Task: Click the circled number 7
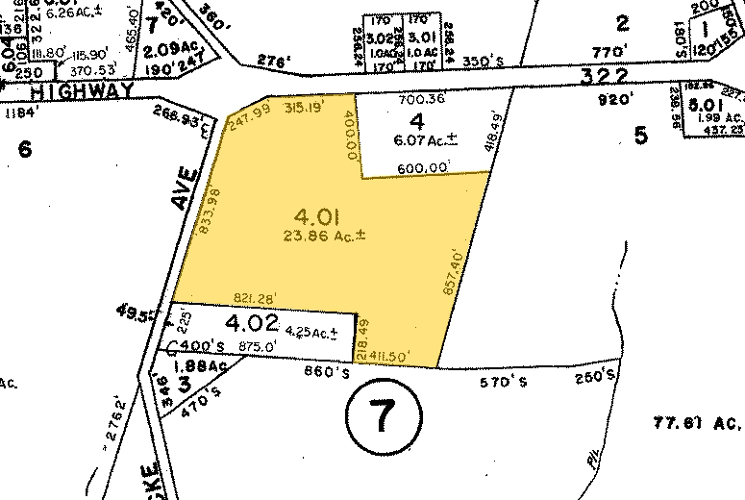382,415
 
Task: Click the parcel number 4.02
252,323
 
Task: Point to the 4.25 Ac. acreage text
309,334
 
